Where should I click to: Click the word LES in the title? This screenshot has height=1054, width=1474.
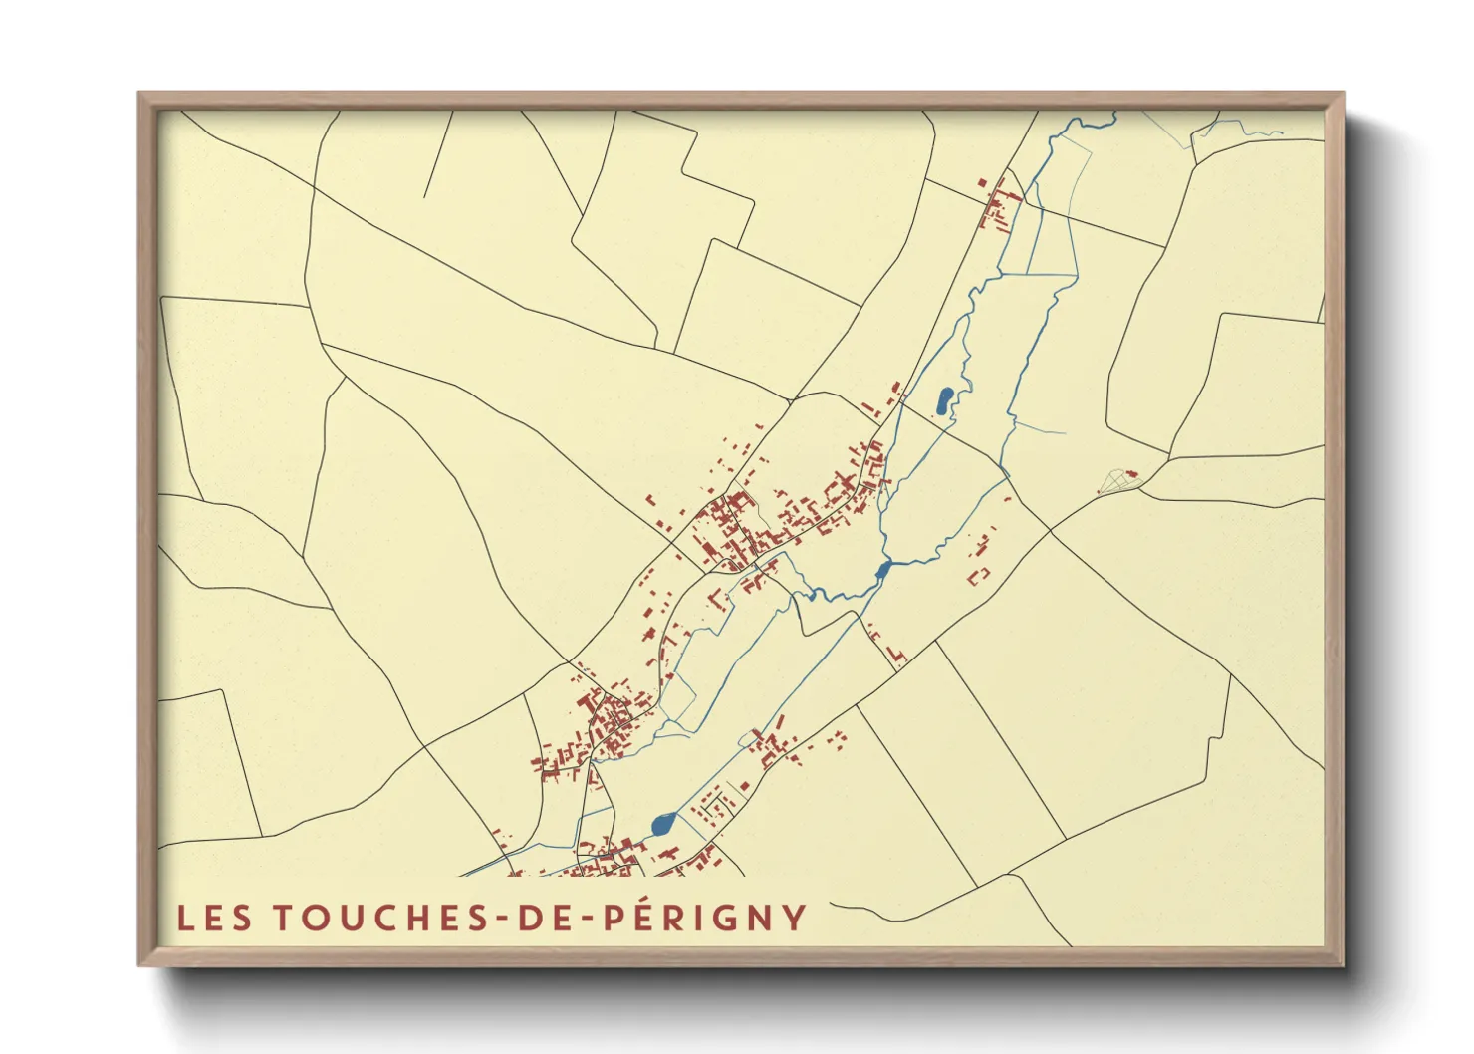pos(214,918)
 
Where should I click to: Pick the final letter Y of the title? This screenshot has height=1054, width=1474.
pos(794,918)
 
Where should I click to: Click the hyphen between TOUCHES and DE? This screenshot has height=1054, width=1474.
pos(504,919)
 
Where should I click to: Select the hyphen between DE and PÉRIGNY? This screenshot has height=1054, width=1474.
pos(585,919)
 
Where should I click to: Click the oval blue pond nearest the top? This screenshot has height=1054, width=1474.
pos(943,400)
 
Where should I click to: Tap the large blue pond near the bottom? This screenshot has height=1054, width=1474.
pos(663,824)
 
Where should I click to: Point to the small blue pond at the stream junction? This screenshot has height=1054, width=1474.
pos(882,570)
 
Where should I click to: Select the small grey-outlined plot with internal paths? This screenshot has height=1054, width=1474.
pos(1117,482)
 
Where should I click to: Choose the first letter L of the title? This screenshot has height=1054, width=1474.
pos(184,918)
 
